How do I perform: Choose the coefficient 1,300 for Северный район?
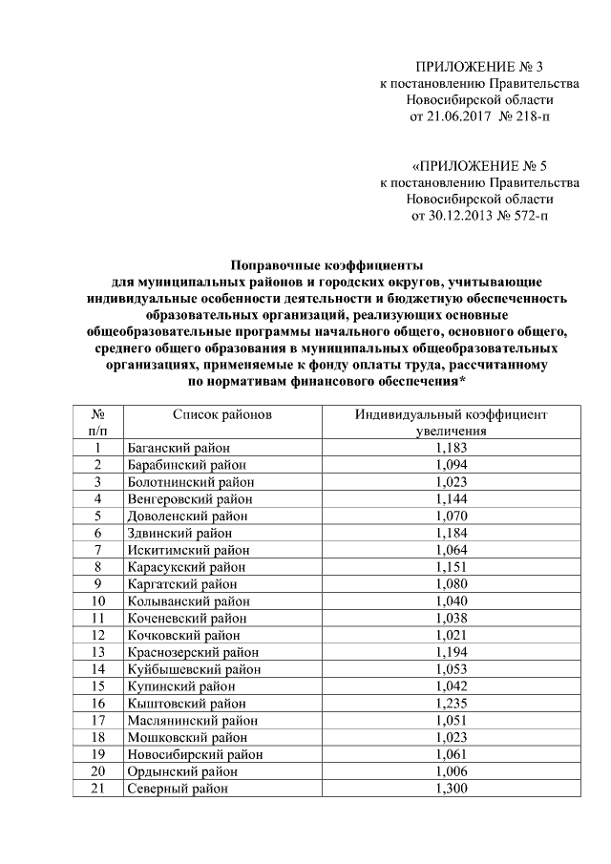[452, 789]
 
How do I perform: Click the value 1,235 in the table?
[452, 703]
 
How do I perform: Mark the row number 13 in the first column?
[97, 652]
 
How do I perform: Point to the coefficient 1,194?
[452, 652]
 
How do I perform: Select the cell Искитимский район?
[185, 549]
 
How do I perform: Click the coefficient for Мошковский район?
[452, 737]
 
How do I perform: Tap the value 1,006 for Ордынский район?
[452, 771]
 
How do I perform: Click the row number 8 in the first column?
[97, 566]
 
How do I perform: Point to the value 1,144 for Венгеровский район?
[452, 498]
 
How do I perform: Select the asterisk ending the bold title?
[463, 380]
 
